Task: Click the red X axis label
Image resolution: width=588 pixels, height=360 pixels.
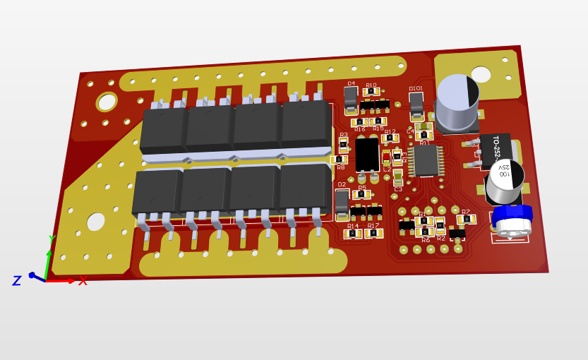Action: [83, 281]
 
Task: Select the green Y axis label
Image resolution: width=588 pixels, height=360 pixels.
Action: [52, 239]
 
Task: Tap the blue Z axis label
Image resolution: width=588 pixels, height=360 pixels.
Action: [16, 281]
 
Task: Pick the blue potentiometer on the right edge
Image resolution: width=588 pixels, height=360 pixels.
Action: [512, 220]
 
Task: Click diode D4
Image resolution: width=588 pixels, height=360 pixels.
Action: [351, 100]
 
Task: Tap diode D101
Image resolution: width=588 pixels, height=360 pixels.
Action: [416, 105]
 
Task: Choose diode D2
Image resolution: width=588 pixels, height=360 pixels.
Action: [342, 202]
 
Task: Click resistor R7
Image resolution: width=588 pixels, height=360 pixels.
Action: [466, 220]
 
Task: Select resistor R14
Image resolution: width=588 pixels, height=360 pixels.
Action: [353, 234]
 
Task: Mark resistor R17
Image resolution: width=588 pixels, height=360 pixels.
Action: [373, 234]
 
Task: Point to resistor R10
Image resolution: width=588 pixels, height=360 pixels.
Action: [371, 92]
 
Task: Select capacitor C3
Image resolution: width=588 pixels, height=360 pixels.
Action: [398, 178]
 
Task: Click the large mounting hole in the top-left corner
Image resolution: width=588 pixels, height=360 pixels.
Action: [107, 102]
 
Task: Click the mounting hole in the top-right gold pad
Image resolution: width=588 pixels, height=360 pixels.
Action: [481, 75]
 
